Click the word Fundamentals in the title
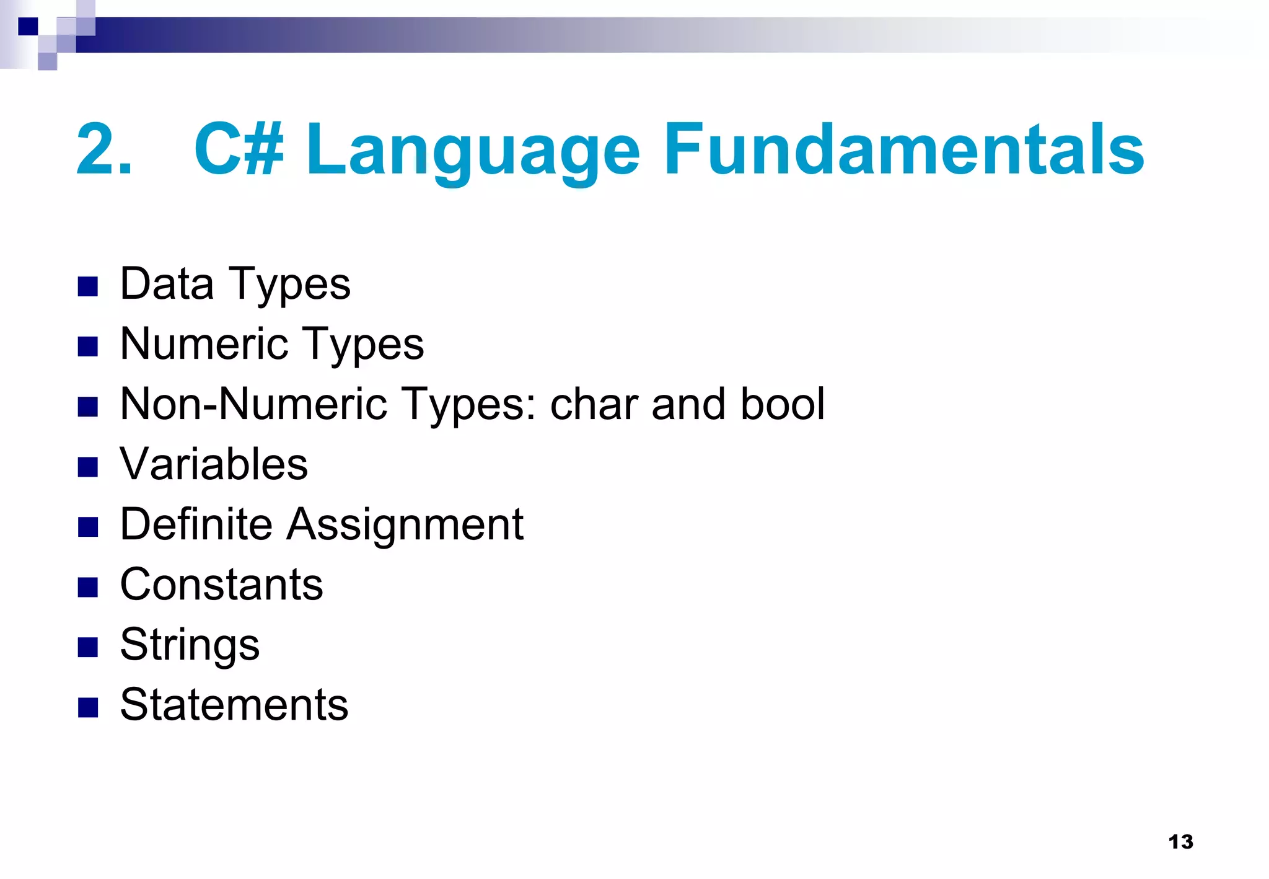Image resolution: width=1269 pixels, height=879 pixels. [903, 149]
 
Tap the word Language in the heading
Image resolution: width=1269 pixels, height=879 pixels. [473, 152]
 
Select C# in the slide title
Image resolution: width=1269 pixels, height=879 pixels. [239, 149]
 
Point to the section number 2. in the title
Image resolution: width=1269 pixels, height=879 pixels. [104, 149]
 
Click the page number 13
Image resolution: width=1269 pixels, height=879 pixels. [1180, 841]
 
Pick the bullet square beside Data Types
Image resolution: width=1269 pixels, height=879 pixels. [88, 286]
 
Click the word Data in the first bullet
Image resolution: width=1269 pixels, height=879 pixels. [167, 284]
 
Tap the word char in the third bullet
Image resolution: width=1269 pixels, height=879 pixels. [594, 404]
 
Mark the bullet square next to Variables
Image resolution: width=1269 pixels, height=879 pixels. [88, 467]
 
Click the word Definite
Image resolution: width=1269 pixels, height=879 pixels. [196, 524]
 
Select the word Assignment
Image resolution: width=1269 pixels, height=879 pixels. [405, 526]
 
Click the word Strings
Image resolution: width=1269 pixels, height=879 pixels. [190, 645]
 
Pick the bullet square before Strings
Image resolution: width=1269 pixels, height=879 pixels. [88, 647]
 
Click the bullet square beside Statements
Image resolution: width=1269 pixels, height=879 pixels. [88, 707]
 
